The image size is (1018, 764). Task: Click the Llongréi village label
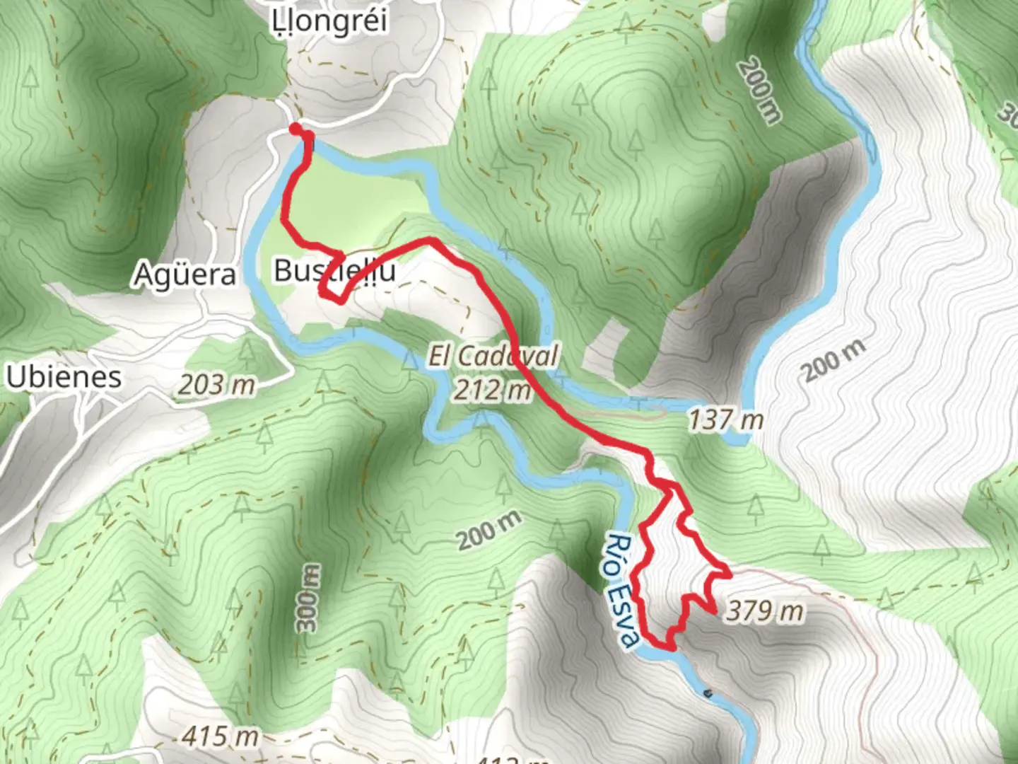pyautogui.click(x=330, y=21)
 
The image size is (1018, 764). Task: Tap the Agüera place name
pyautogui.click(x=185, y=274)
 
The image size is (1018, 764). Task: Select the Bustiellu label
pyautogui.click(x=334, y=271)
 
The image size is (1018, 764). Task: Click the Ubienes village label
pyautogui.click(x=64, y=377)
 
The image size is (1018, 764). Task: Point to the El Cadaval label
pyautogui.click(x=493, y=356)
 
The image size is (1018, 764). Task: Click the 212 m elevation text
pyautogui.click(x=492, y=390)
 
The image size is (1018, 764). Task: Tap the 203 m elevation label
pyautogui.click(x=216, y=386)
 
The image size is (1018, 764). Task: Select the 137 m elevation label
pyautogui.click(x=726, y=420)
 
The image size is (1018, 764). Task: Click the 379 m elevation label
pyautogui.click(x=765, y=611)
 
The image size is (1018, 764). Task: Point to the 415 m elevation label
pyautogui.click(x=220, y=736)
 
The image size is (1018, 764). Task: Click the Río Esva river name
pyautogui.click(x=623, y=591)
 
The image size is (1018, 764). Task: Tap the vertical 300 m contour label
pyautogui.click(x=308, y=598)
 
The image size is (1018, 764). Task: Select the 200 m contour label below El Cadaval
pyautogui.click(x=489, y=531)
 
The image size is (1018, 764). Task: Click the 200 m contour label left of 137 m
pyautogui.click(x=759, y=91)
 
